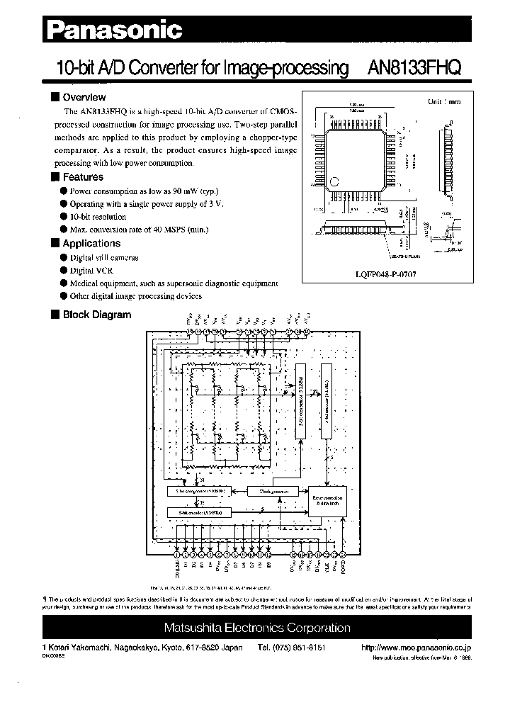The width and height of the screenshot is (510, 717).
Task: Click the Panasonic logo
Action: [x=115, y=29]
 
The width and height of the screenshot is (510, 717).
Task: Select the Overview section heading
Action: [x=84, y=97]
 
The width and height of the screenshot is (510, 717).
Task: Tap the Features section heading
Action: [x=83, y=177]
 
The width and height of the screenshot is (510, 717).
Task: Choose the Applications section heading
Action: [x=91, y=244]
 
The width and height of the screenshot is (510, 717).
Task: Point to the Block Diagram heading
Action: [x=97, y=315]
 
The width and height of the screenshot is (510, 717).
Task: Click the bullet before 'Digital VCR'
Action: [x=64, y=270]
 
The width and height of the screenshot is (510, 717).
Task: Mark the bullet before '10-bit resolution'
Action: [x=64, y=217]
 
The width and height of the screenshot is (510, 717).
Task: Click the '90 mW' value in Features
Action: [x=187, y=191]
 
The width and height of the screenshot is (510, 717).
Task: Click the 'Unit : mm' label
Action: [x=444, y=101]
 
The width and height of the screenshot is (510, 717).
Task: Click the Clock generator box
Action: [x=267, y=490]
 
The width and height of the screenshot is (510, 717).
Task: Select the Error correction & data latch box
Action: [x=327, y=501]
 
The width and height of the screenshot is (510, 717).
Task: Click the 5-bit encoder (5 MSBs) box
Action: [x=197, y=512]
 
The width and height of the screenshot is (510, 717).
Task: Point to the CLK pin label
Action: [x=327, y=567]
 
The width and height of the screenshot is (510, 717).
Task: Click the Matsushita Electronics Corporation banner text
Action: [x=257, y=628]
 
